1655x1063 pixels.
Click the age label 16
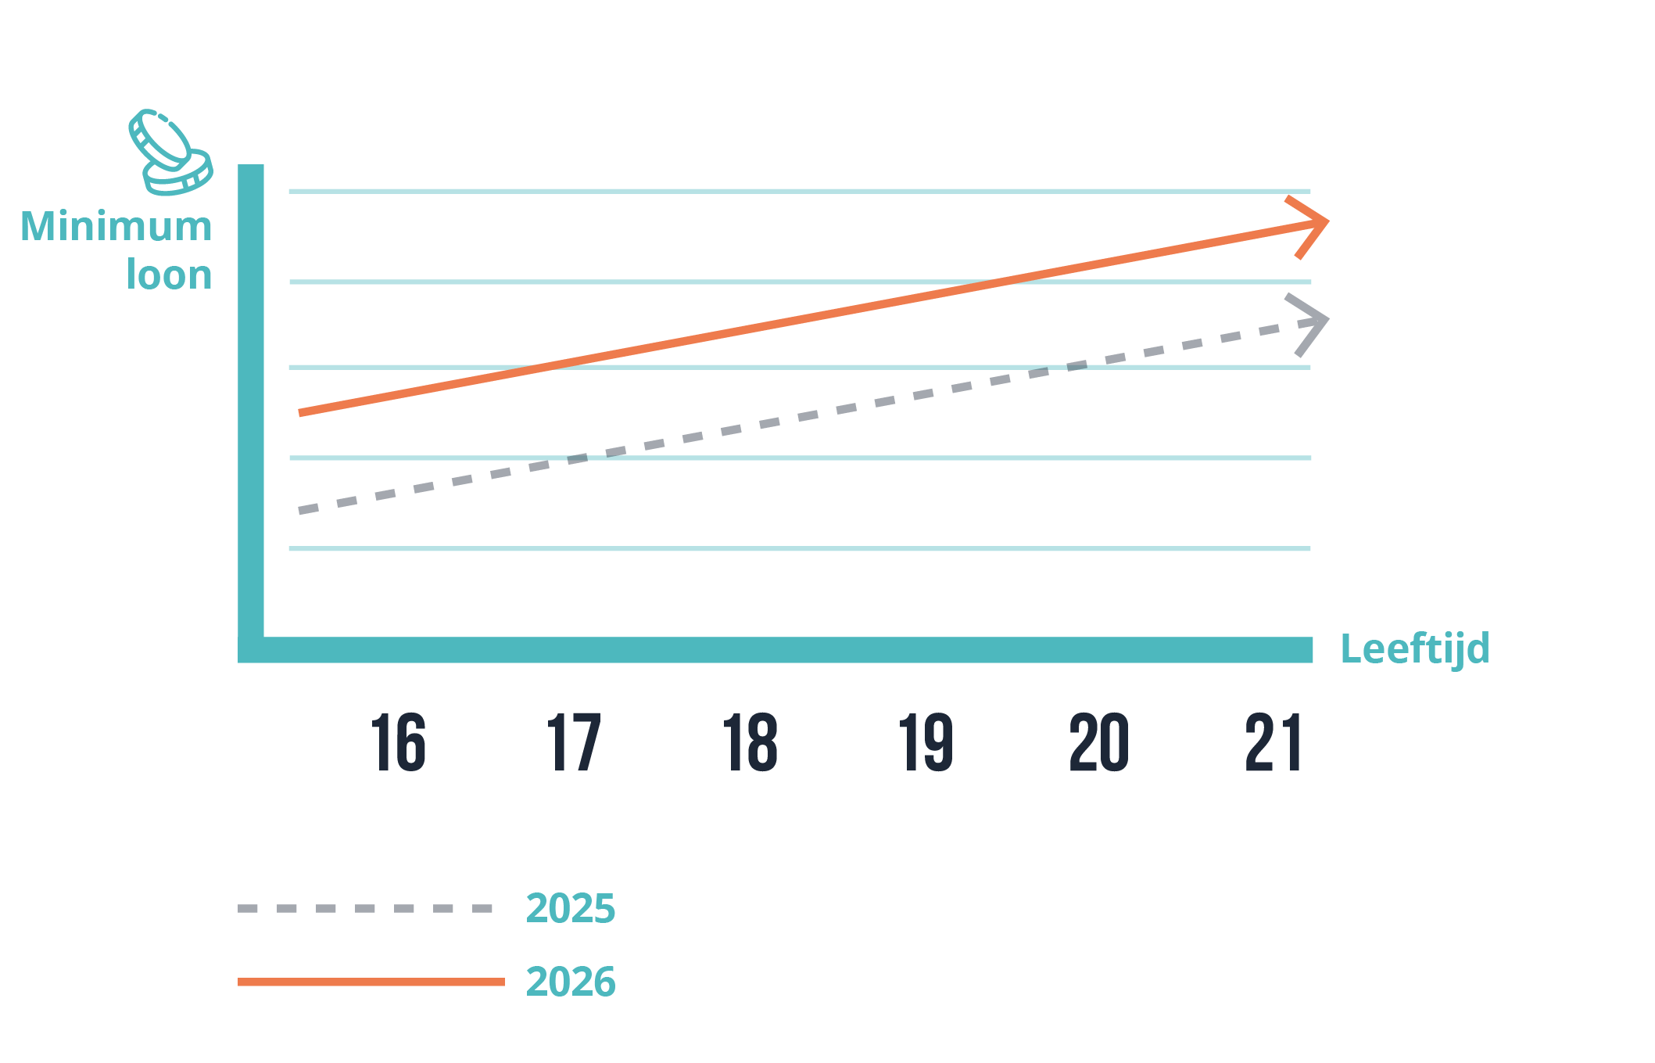pos(399,742)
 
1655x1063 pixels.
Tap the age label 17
pos(574,742)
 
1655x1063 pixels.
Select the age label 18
pos(750,742)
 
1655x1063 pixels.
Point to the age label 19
pos(926,742)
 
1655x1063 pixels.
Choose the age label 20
pos(1099,742)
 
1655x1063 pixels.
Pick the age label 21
pos(1273,742)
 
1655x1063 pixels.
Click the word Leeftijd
pos(1414,649)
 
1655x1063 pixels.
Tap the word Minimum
pos(116,227)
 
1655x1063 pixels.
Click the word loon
pos(169,275)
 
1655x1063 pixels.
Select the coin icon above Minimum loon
pos(170,153)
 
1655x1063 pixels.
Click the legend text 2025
pos(571,908)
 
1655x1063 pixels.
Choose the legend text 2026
pos(571,982)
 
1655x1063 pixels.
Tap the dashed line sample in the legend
pos(365,908)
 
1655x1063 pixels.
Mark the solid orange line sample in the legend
pos(371,982)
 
